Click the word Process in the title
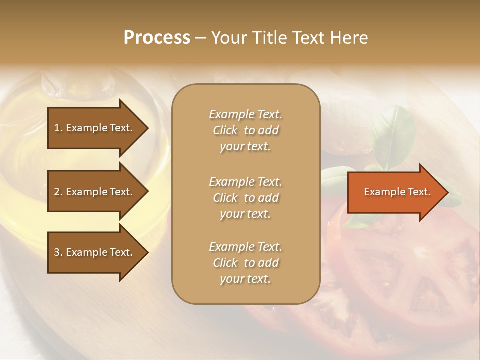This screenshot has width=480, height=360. pyautogui.click(x=157, y=38)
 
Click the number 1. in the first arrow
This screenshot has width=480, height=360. pyautogui.click(x=58, y=128)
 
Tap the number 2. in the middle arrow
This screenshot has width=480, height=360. pyautogui.click(x=58, y=192)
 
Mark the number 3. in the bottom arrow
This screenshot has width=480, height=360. pyautogui.click(x=58, y=252)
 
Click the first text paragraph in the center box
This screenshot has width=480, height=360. pyautogui.click(x=245, y=130)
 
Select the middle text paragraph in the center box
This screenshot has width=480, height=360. pyautogui.click(x=245, y=198)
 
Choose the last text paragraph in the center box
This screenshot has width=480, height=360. pyautogui.click(x=245, y=263)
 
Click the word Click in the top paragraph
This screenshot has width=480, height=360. pyautogui.click(x=225, y=130)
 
